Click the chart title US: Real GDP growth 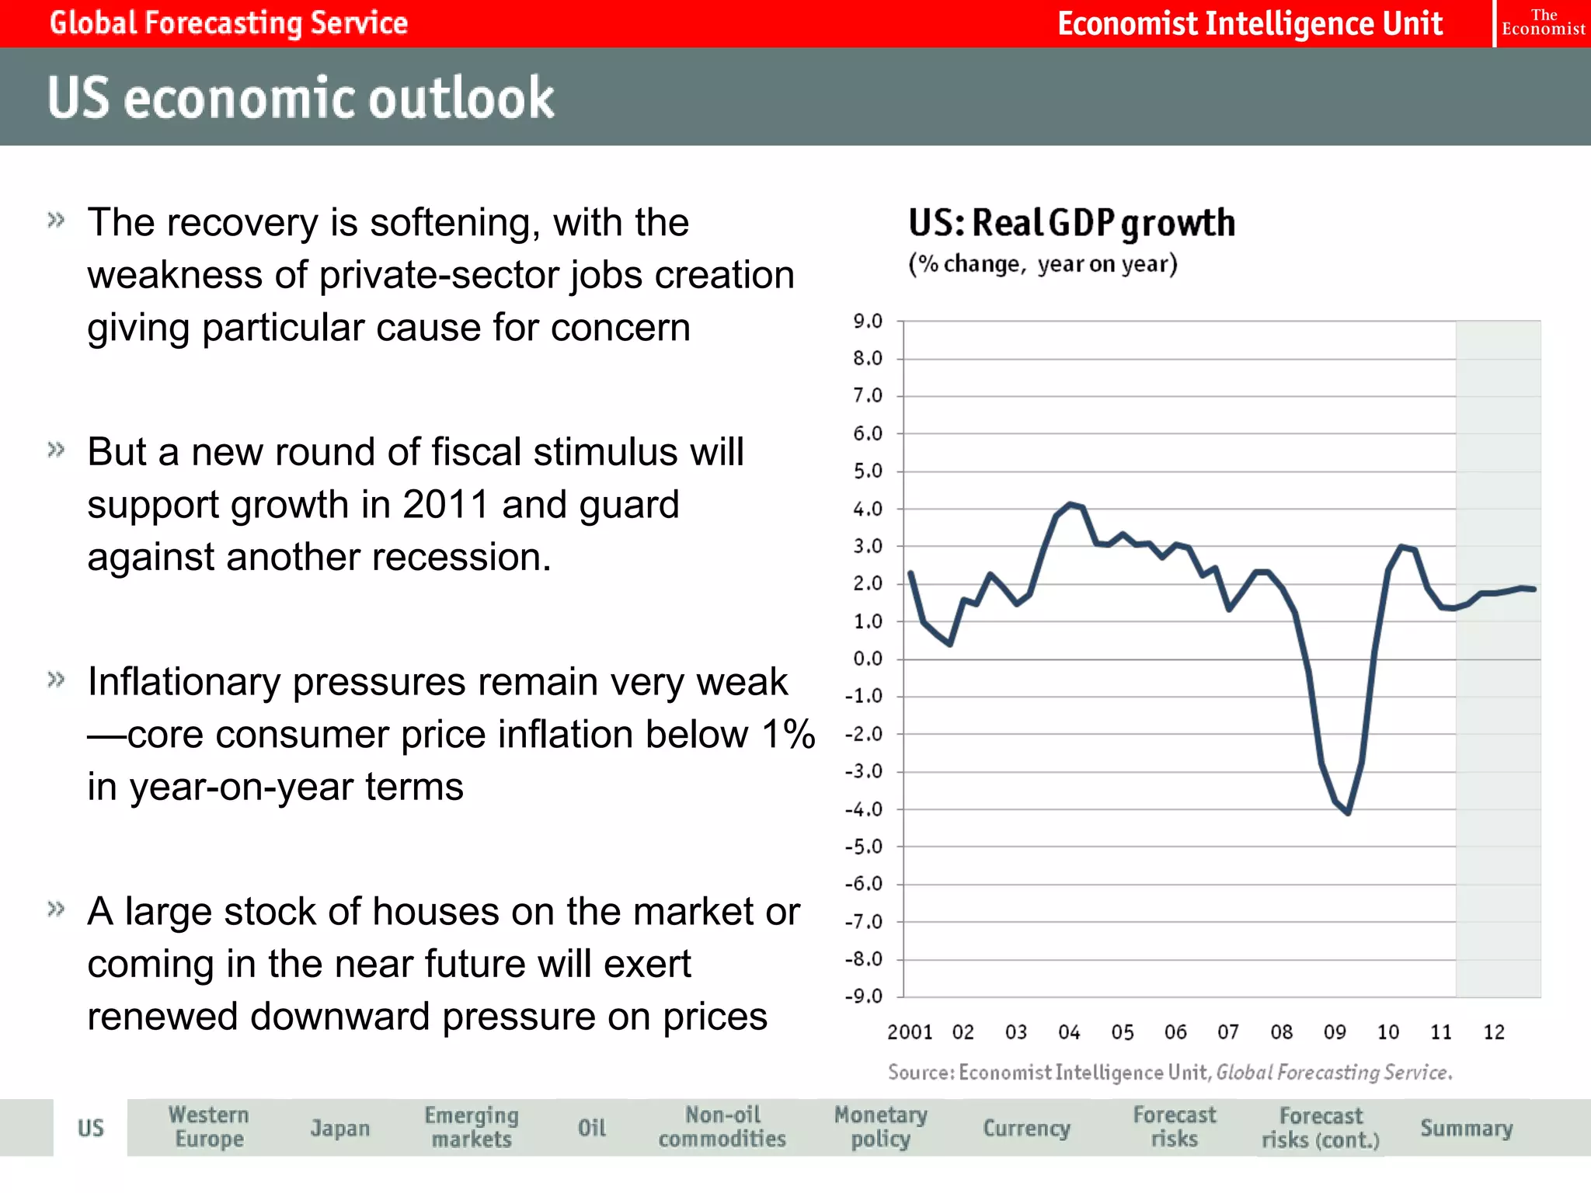point(1071,224)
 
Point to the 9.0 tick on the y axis point(868,321)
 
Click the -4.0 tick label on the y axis point(864,809)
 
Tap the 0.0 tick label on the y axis point(868,659)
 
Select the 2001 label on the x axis point(909,1031)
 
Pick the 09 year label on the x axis point(1335,1031)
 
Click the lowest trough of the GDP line point(1348,812)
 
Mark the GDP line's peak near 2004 point(1071,505)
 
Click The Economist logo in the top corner point(1543,23)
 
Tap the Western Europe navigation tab point(209,1127)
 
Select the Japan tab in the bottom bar point(339,1128)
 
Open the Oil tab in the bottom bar point(591,1128)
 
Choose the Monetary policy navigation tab point(880,1127)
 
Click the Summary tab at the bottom point(1466,1128)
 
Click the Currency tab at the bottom point(1026,1128)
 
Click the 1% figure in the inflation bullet point(788,734)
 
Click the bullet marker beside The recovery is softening point(56,220)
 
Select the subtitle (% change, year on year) point(1043,264)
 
